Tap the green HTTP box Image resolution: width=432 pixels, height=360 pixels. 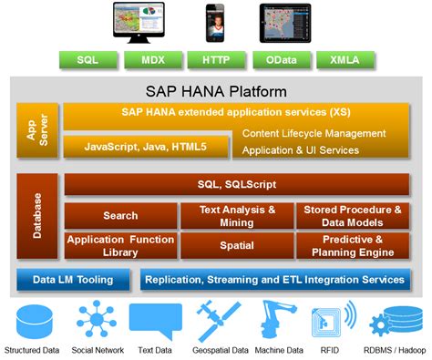pos(215,62)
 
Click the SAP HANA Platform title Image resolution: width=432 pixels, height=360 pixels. pos(216,91)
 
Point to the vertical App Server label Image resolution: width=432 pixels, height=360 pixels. pos(31,130)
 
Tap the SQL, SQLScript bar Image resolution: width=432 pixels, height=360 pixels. pos(237,185)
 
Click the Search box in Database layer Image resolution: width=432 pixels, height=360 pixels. pos(120,216)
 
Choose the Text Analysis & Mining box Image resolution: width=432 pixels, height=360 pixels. pos(236,216)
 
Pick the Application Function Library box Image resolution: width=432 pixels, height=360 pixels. pos(120,245)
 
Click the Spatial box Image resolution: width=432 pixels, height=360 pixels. pos(236,245)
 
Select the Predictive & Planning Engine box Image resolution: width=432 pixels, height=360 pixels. pos(353,245)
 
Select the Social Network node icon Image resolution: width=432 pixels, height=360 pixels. pos(96,320)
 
